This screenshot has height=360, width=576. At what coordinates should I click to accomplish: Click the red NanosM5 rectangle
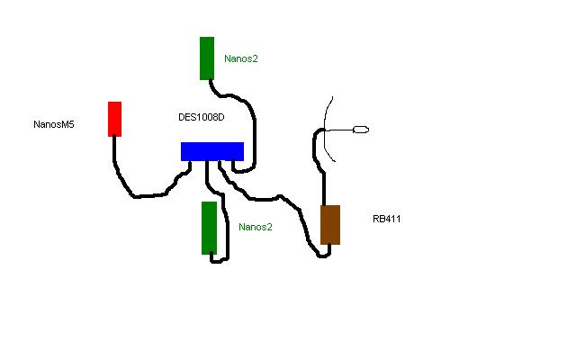114,119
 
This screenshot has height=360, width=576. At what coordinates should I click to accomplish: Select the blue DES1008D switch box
211,151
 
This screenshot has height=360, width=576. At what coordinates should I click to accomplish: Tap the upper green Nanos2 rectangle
207,58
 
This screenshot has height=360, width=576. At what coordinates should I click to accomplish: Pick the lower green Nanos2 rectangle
209,228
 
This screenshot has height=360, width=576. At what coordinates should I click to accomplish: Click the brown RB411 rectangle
330,224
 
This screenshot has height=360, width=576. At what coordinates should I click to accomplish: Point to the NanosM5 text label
54,125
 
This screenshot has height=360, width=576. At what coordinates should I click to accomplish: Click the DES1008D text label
202,118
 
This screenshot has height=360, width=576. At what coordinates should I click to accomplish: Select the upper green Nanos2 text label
241,58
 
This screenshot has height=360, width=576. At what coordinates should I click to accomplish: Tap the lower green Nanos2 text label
256,227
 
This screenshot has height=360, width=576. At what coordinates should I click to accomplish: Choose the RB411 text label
386,219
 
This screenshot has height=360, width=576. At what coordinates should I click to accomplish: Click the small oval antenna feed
362,130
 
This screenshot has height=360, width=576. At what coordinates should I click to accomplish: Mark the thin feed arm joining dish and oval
340,131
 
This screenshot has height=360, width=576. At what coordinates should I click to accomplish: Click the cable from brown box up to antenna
321,175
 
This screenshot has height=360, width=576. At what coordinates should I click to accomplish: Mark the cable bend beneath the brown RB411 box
323,256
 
